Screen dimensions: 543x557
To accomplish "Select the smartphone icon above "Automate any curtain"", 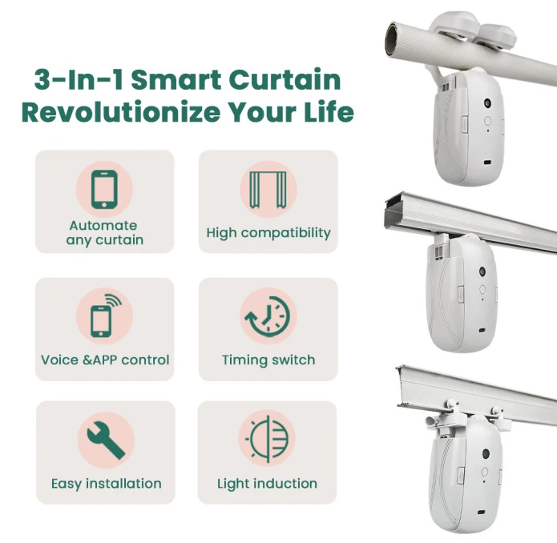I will (103, 190).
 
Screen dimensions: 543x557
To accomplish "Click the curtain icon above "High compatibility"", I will (268, 190).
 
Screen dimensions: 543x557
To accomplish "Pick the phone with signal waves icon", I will (105, 316).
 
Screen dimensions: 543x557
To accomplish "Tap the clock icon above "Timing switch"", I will (268, 316).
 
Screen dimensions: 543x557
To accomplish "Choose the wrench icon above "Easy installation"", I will (105, 440).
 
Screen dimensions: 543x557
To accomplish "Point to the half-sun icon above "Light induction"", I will (267, 440).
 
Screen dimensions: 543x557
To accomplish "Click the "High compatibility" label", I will (268, 233).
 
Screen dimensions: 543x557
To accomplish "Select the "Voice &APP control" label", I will (105, 360).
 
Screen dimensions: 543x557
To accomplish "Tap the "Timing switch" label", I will (268, 360).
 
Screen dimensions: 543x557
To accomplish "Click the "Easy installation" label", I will (106, 484).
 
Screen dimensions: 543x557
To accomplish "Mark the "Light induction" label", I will (267, 484).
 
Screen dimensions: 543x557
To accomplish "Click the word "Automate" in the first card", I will (103, 226).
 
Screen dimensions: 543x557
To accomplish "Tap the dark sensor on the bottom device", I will (486, 453).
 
